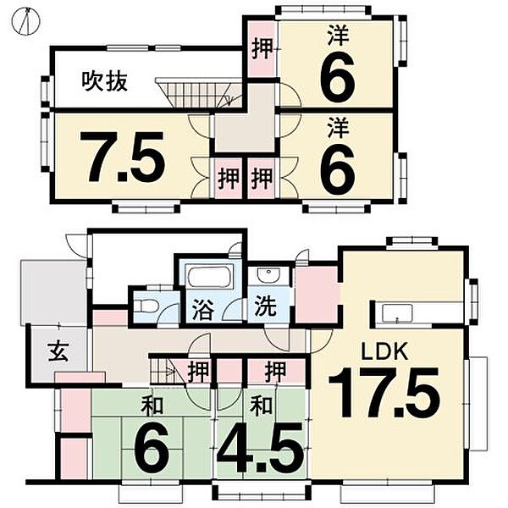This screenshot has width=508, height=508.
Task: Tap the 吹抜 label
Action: [100, 81]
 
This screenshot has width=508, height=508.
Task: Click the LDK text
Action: [387, 351]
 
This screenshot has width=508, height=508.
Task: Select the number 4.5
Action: [260, 450]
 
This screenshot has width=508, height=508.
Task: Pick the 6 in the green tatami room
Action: [152, 450]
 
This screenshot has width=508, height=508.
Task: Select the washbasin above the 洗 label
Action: [267, 276]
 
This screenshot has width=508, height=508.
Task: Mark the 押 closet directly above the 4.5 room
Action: [273, 370]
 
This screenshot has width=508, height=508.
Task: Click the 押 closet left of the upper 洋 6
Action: [262, 48]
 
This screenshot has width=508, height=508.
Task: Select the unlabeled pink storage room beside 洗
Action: [316, 295]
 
